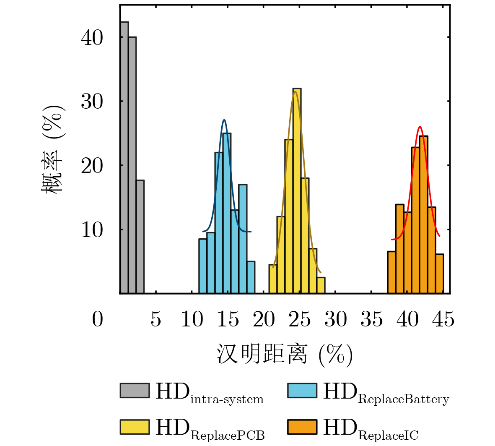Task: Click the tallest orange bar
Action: [x=423, y=214]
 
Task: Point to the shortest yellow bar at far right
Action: [x=321, y=285]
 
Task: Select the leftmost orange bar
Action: [x=391, y=272]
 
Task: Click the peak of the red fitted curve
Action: [x=420, y=127]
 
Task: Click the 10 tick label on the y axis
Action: [x=92, y=230]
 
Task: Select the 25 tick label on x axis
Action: [x=300, y=320]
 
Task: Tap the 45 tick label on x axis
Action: [x=443, y=320]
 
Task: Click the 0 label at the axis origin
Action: [x=97, y=320]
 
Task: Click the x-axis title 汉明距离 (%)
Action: [x=285, y=355]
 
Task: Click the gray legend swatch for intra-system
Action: [x=135, y=390]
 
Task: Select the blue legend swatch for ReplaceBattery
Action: [x=302, y=390]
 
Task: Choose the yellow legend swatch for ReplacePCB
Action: [x=135, y=427]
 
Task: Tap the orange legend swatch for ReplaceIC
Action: [x=302, y=427]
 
